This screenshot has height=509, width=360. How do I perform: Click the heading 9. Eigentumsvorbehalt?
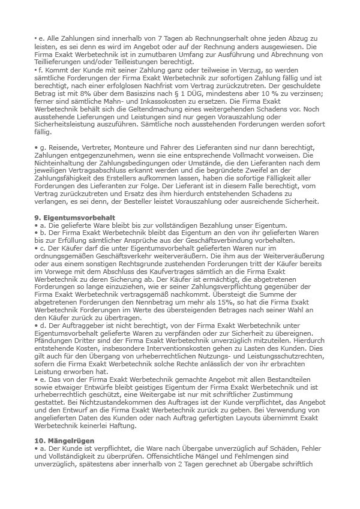coord(74,216)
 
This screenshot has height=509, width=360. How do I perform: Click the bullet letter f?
coord(40,71)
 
